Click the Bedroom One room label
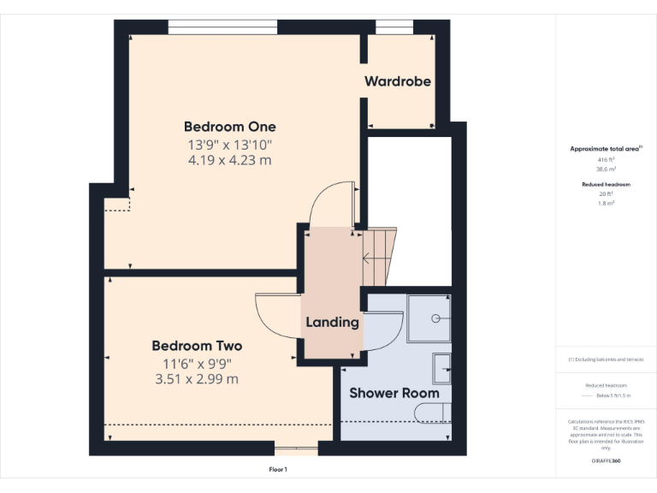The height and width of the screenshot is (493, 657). coord(230,127)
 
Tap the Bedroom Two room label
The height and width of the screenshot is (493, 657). coord(197,346)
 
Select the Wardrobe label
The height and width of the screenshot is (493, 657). coord(397,81)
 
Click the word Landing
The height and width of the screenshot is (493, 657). coord(332,322)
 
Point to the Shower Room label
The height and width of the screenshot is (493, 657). coord(394,393)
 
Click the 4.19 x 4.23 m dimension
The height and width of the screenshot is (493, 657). coord(230,159)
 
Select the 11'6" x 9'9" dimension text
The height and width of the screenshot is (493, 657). coord(197,363)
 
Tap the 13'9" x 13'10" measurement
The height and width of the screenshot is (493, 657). coord(230,144)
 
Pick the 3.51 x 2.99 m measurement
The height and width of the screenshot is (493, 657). coord(197,378)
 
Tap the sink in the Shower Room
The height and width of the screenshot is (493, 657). coord(441,368)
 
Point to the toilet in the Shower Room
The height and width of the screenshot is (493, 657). coord(432,414)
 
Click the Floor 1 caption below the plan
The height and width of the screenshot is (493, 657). coord(278,470)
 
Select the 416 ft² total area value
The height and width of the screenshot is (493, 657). coord(607,159)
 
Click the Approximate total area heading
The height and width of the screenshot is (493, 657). coord(606,149)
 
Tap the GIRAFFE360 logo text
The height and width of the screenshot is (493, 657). coord(606,460)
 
